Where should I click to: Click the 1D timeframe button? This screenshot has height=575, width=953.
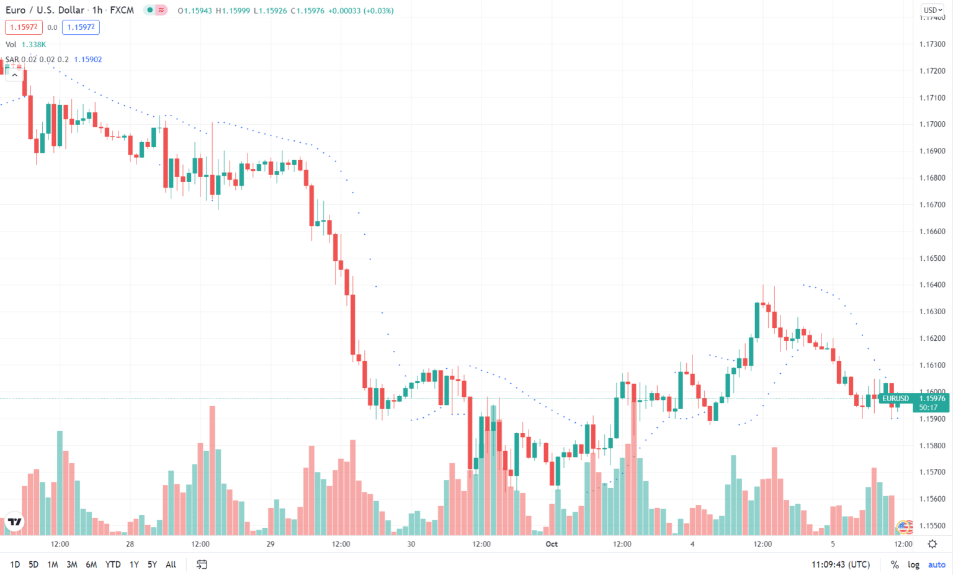(x=15, y=564)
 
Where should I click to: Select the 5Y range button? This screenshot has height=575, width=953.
(x=152, y=564)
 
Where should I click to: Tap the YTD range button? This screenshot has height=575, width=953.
(x=113, y=564)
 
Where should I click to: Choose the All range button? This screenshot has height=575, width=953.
(x=171, y=564)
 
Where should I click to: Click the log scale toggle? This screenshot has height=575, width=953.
(x=913, y=564)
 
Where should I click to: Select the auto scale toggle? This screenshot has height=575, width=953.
(x=936, y=564)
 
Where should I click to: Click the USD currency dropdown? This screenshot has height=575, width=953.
(x=933, y=10)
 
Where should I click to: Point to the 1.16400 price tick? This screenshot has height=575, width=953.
(x=932, y=285)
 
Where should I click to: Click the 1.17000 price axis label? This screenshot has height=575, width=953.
(x=932, y=124)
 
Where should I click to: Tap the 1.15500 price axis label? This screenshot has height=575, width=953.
(x=932, y=525)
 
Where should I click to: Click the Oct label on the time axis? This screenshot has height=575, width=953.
(x=552, y=544)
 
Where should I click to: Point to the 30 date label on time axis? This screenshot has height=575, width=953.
(x=411, y=544)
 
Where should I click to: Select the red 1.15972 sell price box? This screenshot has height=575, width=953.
(x=24, y=27)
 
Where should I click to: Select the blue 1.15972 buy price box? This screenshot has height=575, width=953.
(x=81, y=27)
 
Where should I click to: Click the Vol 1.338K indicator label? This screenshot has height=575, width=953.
(x=26, y=45)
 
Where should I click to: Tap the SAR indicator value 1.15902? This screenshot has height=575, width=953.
(x=87, y=60)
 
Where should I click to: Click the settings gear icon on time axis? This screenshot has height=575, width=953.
(x=932, y=544)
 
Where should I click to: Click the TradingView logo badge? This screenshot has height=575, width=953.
(x=14, y=522)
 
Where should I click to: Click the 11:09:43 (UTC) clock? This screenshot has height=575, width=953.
(x=840, y=564)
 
